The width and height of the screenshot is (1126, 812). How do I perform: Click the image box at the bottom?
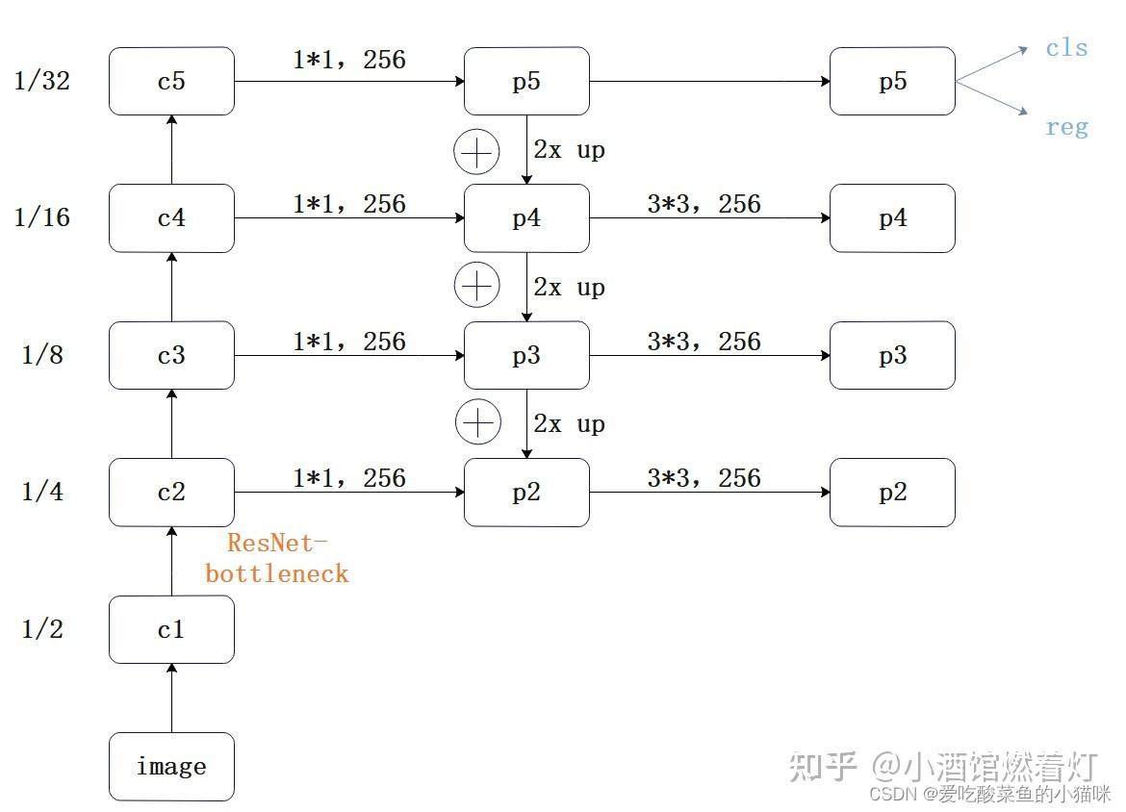tap(171, 767)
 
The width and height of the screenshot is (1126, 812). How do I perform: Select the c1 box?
tap(171, 630)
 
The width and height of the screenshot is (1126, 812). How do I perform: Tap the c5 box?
tap(171, 81)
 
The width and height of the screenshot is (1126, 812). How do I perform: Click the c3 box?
tap(171, 356)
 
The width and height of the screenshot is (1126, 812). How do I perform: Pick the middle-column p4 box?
tap(526, 218)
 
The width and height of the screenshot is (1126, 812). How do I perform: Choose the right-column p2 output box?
tap(892, 493)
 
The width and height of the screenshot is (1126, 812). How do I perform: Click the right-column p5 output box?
tap(892, 81)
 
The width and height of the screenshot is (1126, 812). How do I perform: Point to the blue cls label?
tap(1066, 48)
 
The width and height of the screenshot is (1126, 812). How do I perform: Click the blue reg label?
tap(1066, 127)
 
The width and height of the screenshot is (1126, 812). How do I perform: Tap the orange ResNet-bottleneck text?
tap(276, 559)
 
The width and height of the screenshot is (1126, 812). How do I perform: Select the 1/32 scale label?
tap(42, 81)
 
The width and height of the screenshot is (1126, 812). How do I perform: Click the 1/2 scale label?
tap(42, 630)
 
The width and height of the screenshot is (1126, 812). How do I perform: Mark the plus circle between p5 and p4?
tap(477, 152)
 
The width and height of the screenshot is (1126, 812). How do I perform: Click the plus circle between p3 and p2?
tap(477, 424)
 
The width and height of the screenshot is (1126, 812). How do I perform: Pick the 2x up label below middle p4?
tap(569, 288)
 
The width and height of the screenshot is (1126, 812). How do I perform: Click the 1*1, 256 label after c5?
tap(348, 61)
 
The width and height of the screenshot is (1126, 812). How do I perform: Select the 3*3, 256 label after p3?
tap(704, 342)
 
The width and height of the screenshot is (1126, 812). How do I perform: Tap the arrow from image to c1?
tap(171, 698)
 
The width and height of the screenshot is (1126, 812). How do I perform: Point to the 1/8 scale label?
tap(42, 356)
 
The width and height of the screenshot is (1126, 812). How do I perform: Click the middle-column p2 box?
tap(526, 493)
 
